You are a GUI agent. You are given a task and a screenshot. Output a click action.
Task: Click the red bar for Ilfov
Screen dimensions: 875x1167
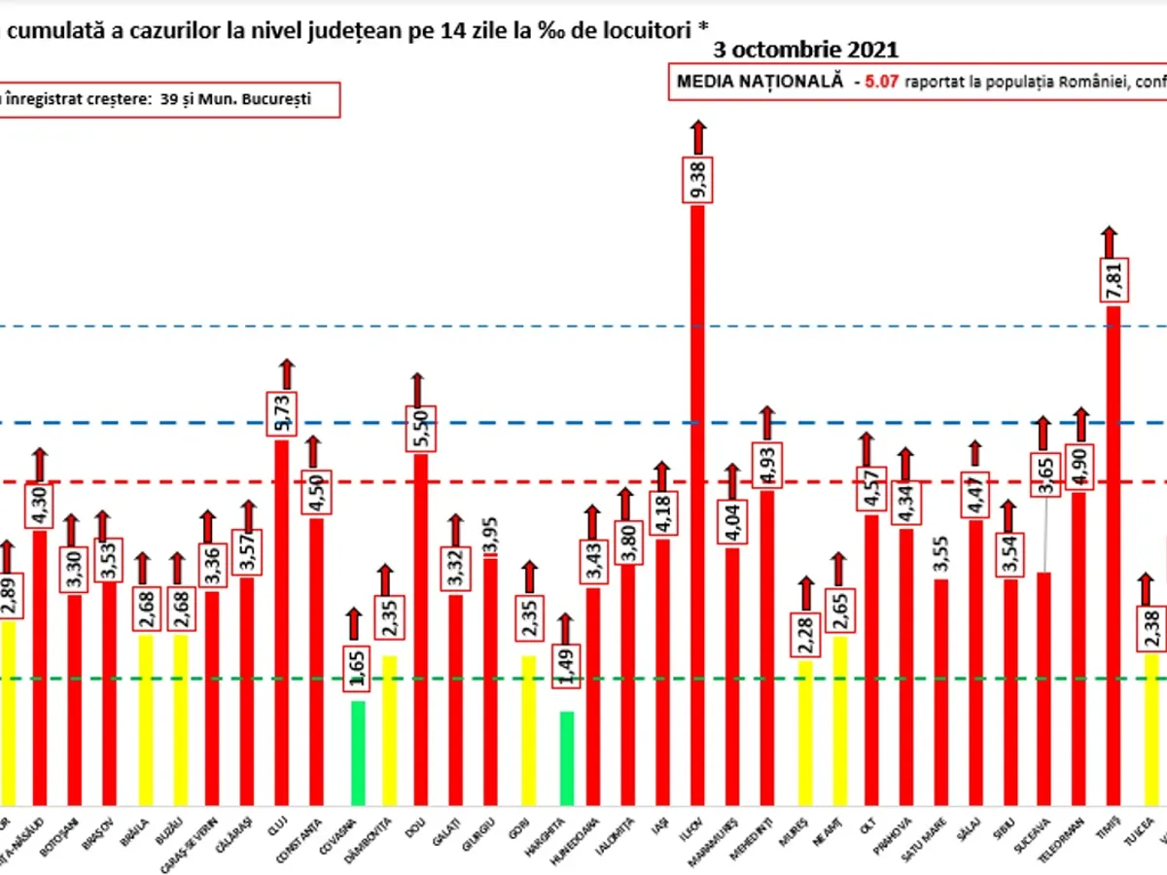tap(697, 506)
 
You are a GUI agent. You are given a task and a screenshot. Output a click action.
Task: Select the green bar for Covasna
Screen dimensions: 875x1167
tap(358, 752)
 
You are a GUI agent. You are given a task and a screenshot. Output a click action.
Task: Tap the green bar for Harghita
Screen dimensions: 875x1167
tap(567, 758)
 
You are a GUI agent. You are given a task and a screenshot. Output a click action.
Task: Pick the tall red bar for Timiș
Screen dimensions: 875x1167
tap(1114, 554)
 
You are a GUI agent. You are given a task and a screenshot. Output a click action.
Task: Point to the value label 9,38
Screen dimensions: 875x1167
tap(697, 179)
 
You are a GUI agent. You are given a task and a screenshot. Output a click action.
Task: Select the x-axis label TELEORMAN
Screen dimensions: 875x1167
tap(1077, 835)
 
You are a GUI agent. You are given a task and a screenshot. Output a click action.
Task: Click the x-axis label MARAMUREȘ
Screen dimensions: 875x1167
tap(731, 836)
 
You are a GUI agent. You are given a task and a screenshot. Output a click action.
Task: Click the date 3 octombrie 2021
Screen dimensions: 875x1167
tap(805, 50)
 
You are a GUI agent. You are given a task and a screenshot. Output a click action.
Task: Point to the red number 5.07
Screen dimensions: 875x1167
tap(878, 83)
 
